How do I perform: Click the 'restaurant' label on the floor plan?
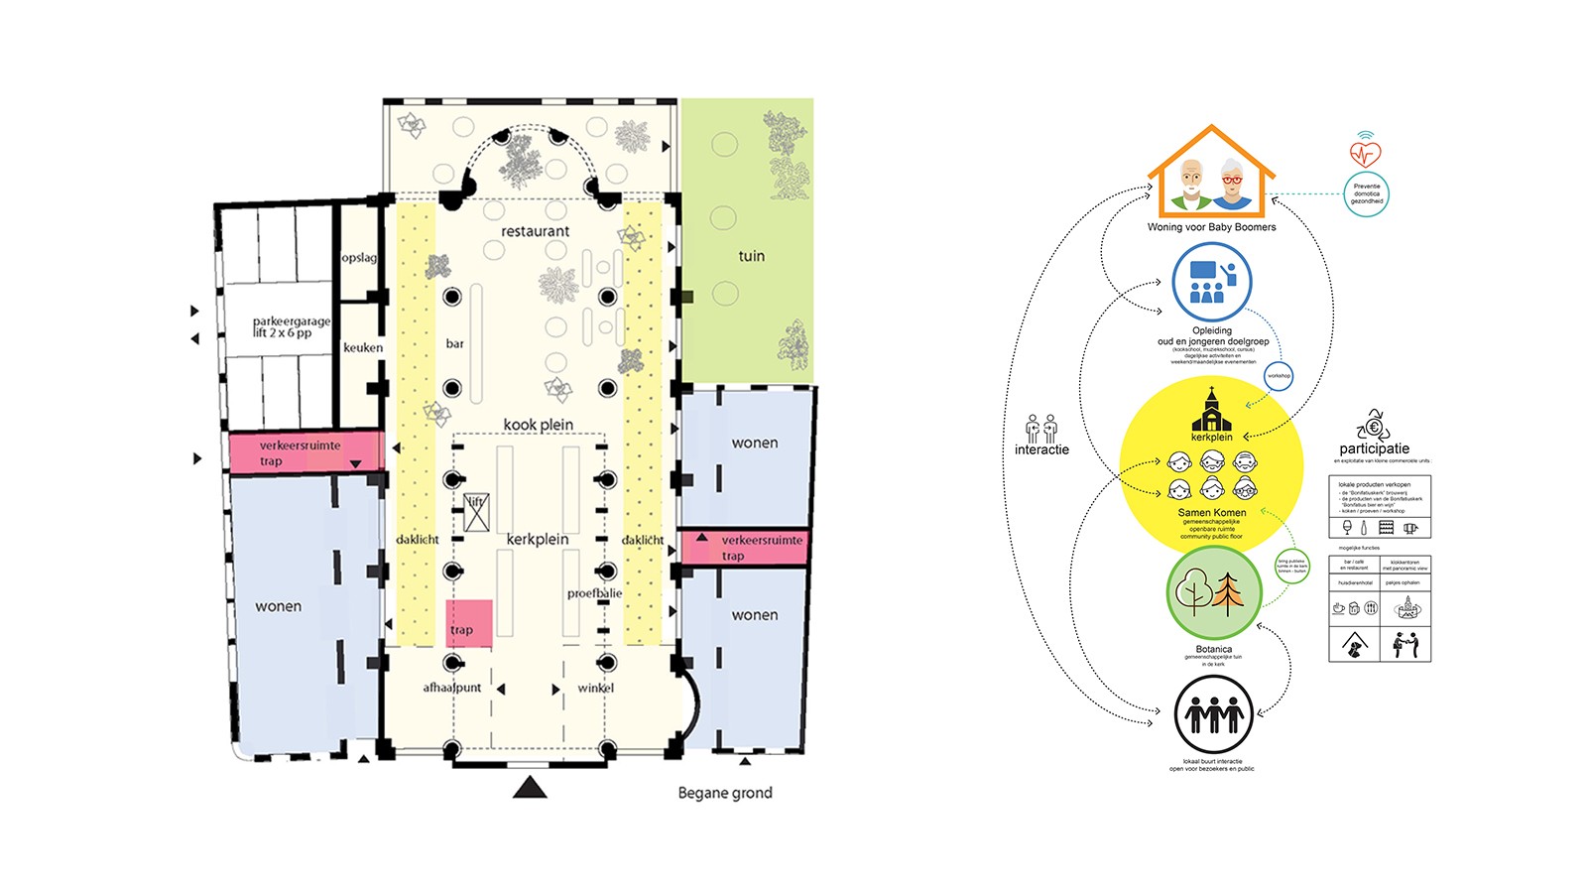(x=535, y=231)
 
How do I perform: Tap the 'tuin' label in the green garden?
(x=751, y=256)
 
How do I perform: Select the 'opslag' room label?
(x=359, y=258)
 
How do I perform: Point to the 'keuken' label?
(x=363, y=347)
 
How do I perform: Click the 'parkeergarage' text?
(x=291, y=321)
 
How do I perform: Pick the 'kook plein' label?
(x=538, y=425)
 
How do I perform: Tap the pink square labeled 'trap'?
(x=468, y=623)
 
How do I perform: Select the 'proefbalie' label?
(x=594, y=593)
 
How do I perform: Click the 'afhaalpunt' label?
(x=452, y=688)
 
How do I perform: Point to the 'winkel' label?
(x=595, y=688)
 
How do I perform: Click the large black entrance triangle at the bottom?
(x=530, y=787)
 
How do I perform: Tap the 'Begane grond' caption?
(x=724, y=793)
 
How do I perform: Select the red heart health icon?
(x=1366, y=154)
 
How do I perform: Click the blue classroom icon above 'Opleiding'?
(x=1211, y=282)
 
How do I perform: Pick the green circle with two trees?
(x=1213, y=593)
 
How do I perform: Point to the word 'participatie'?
(x=1374, y=448)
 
